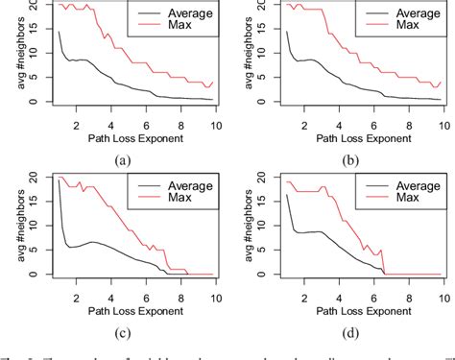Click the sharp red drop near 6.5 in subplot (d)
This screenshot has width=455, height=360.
point(384,262)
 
